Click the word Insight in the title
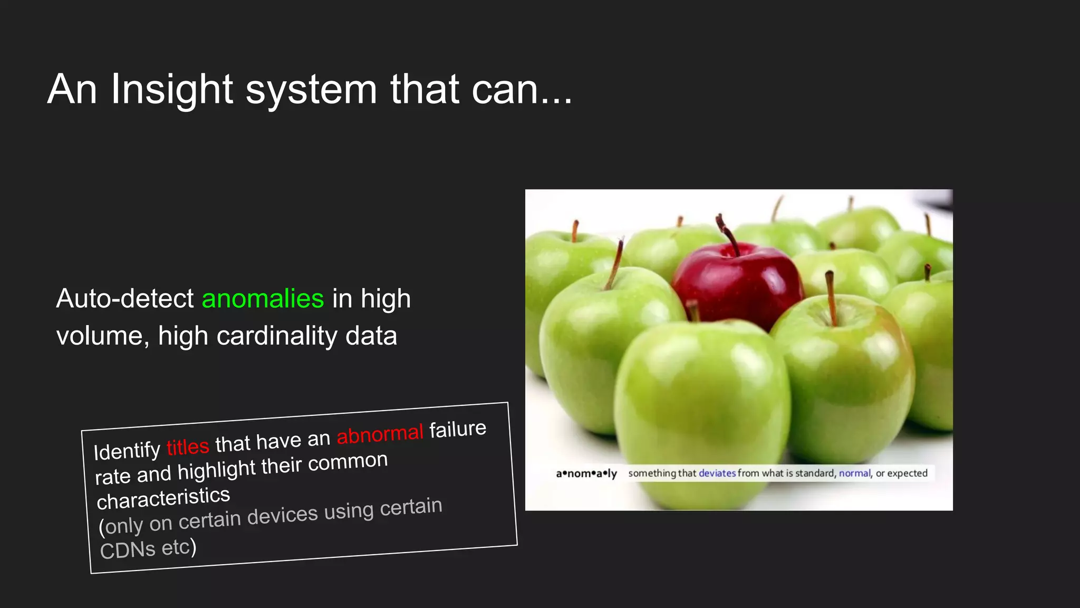(x=171, y=90)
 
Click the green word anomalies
(x=263, y=299)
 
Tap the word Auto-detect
(x=125, y=299)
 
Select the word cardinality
(x=277, y=336)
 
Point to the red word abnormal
(x=380, y=434)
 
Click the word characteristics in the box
(x=163, y=498)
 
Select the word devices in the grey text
(x=283, y=516)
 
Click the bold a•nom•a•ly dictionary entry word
(x=586, y=473)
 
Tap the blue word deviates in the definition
(x=717, y=473)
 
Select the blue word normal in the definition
(x=854, y=473)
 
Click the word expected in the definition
(x=907, y=473)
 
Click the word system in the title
(x=311, y=90)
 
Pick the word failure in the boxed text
(x=458, y=429)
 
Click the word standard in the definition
(x=815, y=473)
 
